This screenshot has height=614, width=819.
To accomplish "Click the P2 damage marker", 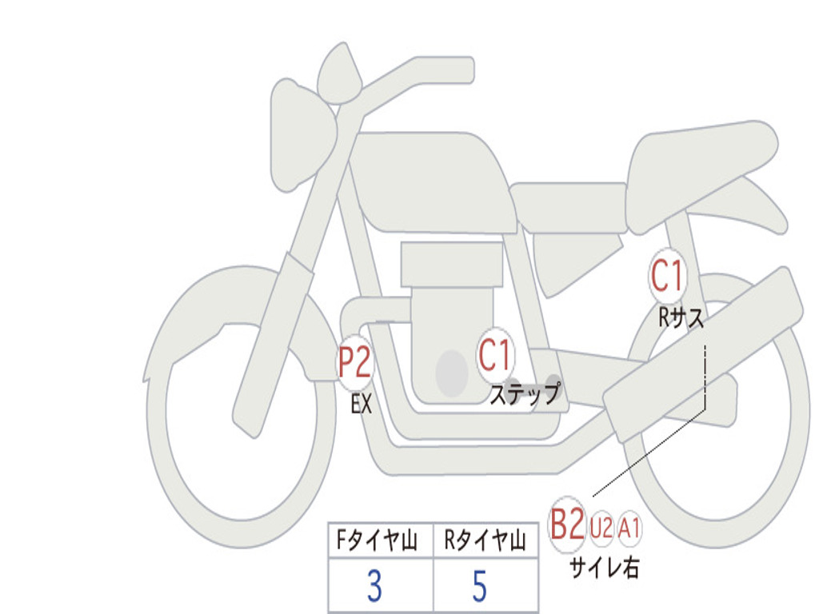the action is [354, 363].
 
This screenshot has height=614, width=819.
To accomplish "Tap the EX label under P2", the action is [362, 404].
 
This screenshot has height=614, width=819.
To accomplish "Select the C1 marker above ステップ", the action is [494, 356].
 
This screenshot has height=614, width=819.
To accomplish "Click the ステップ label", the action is [525, 393].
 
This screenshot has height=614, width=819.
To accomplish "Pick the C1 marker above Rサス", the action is [667, 276].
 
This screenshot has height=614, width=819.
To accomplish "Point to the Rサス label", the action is [681, 317].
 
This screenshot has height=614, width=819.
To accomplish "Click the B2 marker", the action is [567, 524].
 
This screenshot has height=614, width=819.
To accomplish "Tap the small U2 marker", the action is [601, 528].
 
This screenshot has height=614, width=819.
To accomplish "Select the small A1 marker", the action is [629, 528].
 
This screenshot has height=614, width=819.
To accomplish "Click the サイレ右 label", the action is [605, 567].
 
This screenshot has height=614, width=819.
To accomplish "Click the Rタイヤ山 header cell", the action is [485, 540].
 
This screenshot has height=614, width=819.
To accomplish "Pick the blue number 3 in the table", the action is [374, 585].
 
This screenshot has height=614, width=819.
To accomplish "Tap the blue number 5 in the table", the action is [480, 585].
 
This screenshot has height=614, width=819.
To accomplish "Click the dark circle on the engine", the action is [452, 373].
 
